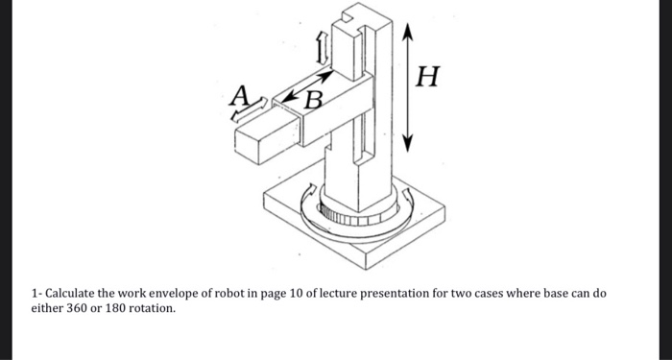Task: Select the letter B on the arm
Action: point(313,98)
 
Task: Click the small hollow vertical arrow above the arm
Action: point(323,42)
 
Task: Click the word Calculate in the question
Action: point(68,292)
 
